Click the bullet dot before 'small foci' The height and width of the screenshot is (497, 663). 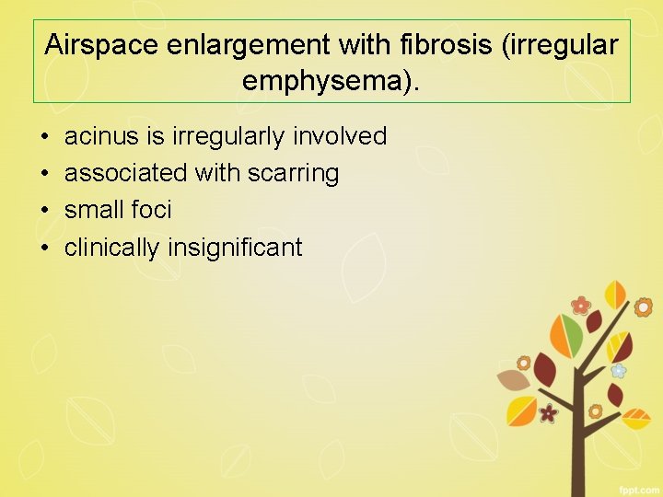coord(44,211)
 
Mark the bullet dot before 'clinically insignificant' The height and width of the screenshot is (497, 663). coord(44,248)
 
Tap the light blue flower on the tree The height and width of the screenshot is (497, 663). coord(619,370)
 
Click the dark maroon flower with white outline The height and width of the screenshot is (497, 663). coord(549,412)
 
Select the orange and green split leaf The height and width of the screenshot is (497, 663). coord(564,332)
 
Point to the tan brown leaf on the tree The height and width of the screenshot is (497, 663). coord(512,379)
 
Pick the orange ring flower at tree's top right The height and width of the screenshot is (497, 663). coord(643,306)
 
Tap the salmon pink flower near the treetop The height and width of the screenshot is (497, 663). coord(580,305)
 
